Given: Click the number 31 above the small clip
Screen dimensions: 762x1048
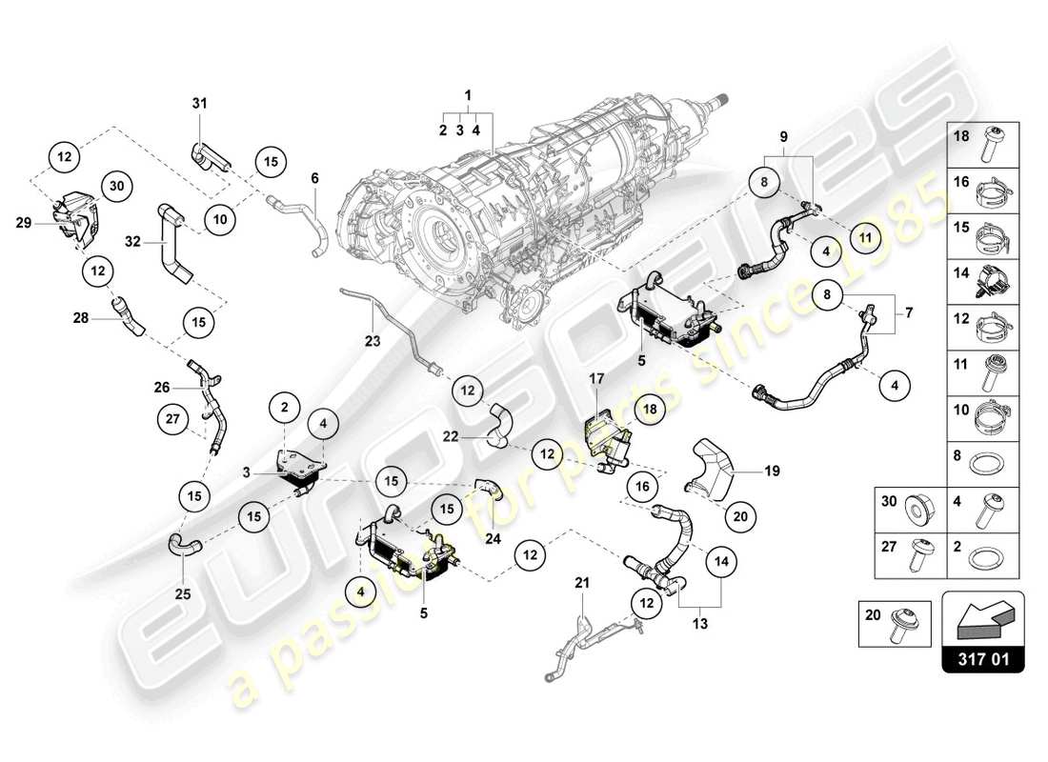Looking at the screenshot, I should point(199,103).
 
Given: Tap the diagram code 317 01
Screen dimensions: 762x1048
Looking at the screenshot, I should point(982,657).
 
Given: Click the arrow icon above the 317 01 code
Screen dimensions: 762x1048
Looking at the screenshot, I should point(982,617).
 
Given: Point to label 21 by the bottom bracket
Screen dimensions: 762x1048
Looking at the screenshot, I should point(582,582).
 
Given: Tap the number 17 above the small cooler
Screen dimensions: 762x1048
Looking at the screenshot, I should point(596,378).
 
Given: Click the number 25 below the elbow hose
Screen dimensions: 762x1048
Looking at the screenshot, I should point(182,593).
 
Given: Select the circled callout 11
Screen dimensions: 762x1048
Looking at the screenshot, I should point(866,237).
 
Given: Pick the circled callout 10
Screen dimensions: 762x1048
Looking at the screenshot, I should point(219,219).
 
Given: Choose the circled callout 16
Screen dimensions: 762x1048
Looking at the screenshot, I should point(642,487).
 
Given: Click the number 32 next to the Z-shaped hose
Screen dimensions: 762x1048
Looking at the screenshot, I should point(132,243).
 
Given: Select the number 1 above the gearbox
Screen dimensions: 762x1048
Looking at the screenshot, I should point(468,94).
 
